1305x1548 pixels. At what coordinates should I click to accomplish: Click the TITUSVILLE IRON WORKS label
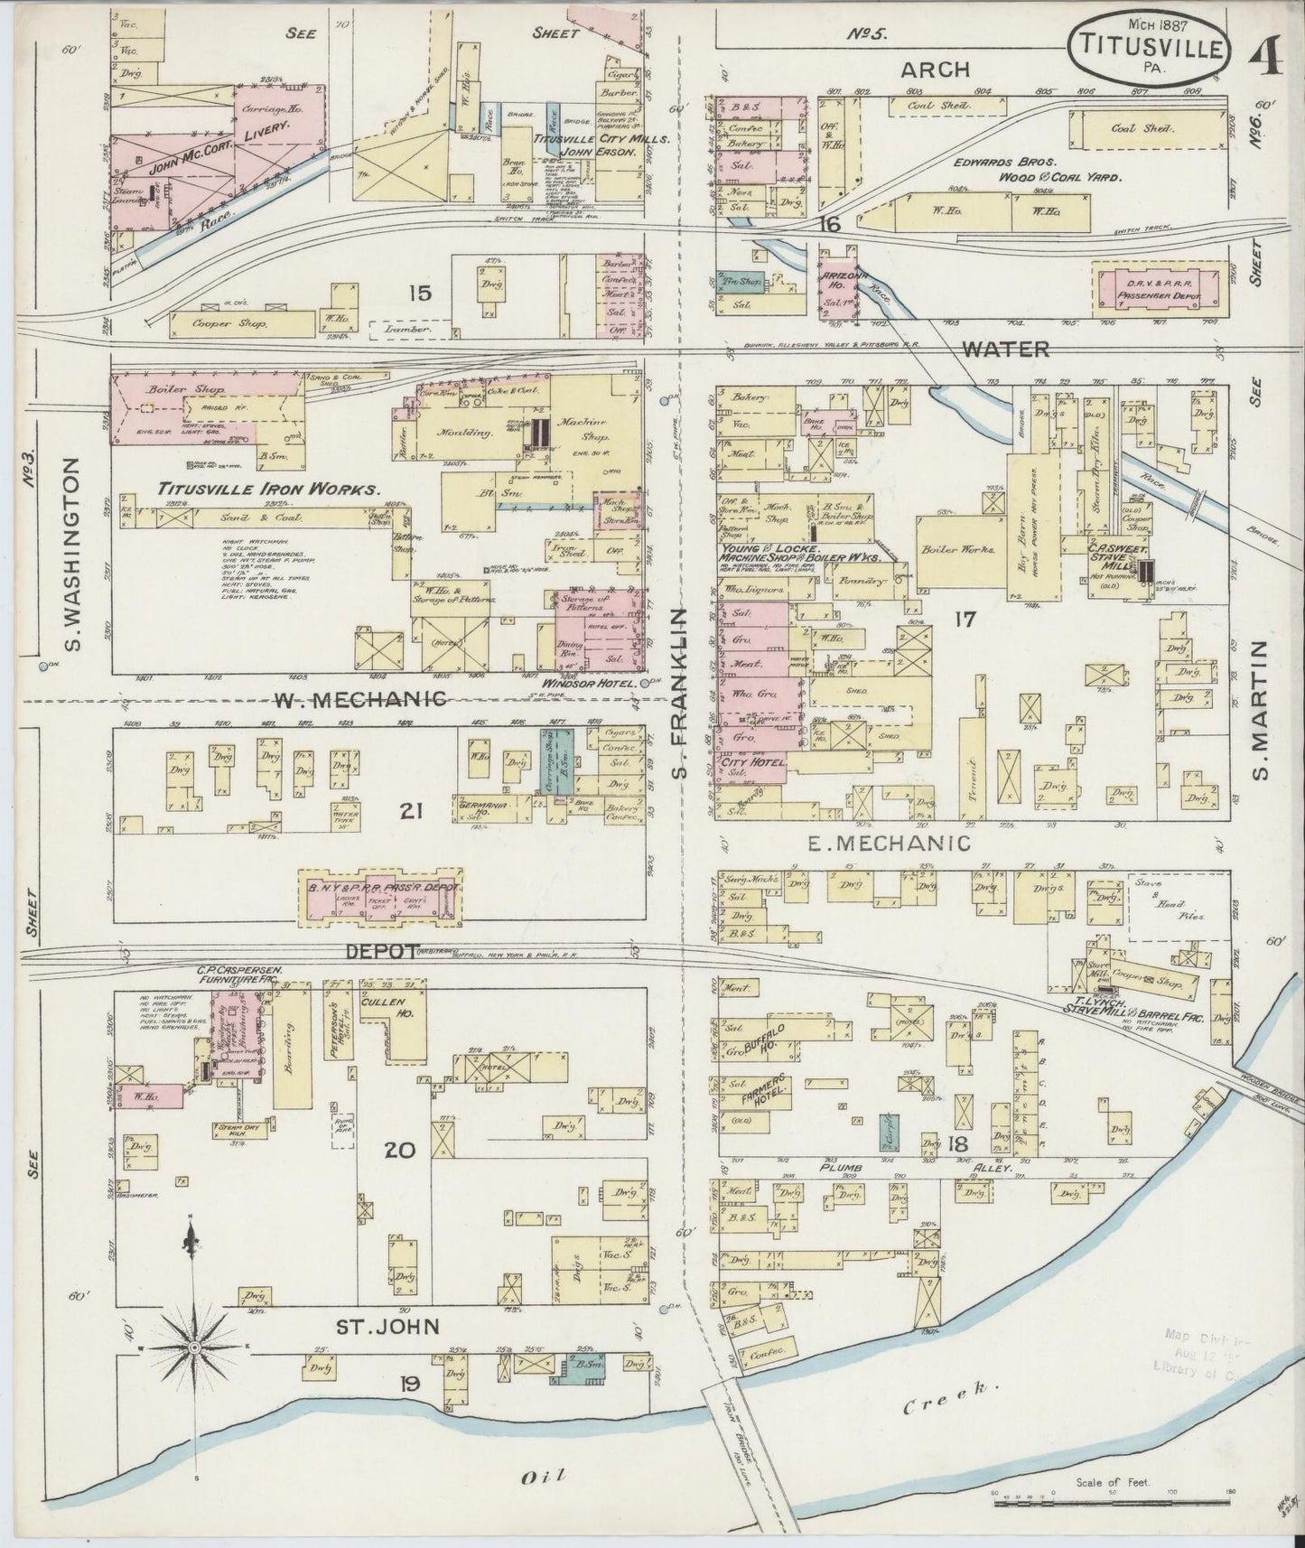(x=267, y=490)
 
